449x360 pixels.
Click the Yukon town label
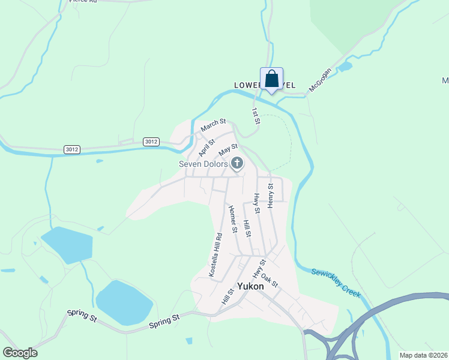coord(250,286)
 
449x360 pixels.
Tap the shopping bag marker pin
coord(271,79)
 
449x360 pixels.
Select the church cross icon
coord(238,163)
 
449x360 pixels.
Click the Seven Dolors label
coord(203,164)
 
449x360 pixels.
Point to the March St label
coord(213,125)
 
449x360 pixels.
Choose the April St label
coord(207,147)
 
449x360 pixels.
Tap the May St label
coord(228,149)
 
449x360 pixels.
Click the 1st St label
coord(256,116)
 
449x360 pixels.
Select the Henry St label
coord(271,196)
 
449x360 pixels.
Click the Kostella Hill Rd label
coord(215,254)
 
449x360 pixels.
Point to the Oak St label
coord(270,280)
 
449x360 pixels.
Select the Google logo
coord(20,353)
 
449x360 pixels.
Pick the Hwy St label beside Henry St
coord(257,203)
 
